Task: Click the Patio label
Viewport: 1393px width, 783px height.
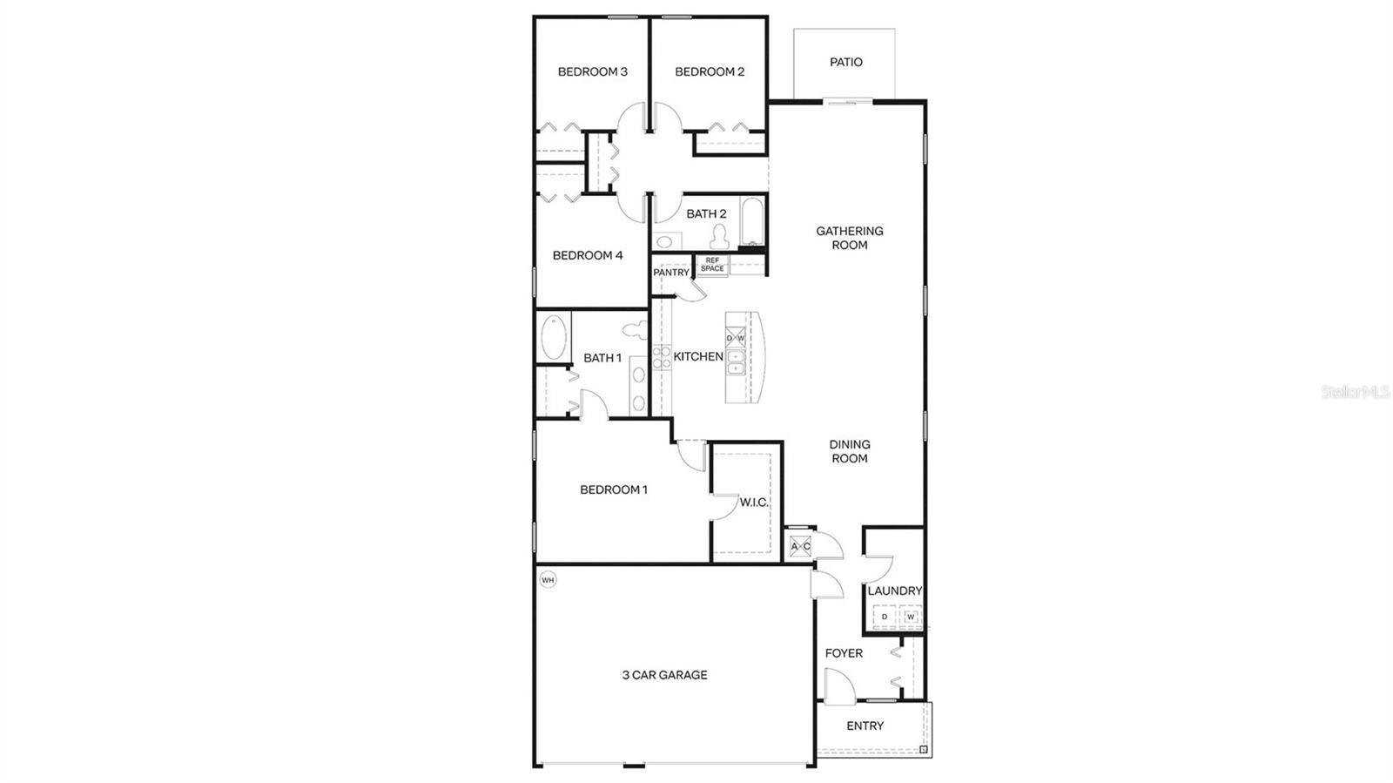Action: point(845,62)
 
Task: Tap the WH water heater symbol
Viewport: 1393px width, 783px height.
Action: point(548,580)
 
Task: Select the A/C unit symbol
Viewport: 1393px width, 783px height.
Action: point(800,547)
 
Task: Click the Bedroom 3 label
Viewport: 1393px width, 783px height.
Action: point(593,71)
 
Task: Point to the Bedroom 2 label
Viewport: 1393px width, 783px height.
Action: point(710,71)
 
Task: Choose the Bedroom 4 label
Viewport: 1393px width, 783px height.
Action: point(588,255)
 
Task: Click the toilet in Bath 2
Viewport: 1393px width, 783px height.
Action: point(720,236)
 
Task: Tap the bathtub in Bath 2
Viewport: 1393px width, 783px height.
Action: point(752,221)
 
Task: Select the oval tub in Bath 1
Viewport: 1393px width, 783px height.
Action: point(554,337)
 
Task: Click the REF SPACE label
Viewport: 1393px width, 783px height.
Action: point(712,264)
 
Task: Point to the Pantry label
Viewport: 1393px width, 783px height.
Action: point(671,273)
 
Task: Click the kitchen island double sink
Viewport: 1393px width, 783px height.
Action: point(736,362)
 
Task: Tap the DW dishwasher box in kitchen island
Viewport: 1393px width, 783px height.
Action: point(736,338)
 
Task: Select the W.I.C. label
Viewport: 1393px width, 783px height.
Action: point(754,503)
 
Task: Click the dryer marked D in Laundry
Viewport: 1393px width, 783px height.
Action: point(885,617)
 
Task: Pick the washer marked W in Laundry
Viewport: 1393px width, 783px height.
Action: point(911,617)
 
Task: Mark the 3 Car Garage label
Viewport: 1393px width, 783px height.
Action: point(665,675)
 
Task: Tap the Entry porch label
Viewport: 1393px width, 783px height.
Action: point(865,726)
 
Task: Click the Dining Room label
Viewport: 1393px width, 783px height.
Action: point(850,451)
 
